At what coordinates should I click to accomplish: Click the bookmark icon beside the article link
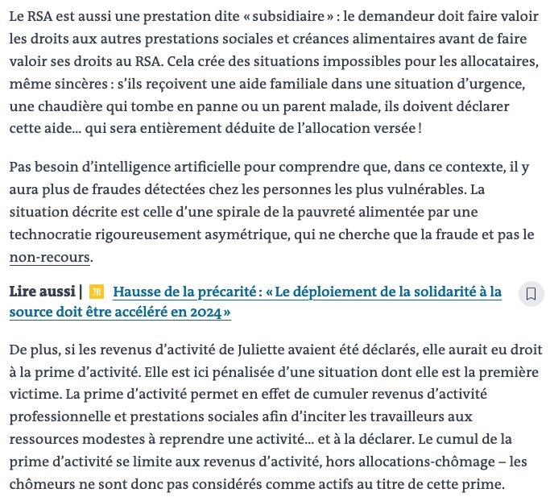(531, 294)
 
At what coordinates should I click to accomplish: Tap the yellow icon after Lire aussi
(97, 292)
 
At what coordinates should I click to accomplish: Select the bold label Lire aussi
(43, 292)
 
